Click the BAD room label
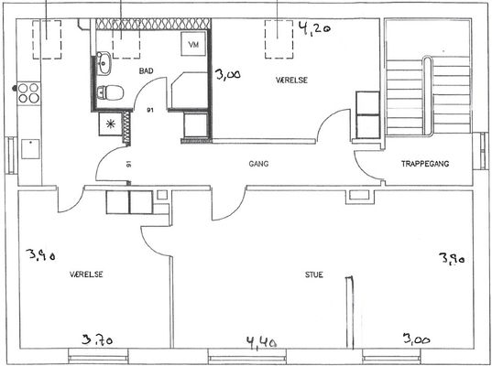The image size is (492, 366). point(147,70)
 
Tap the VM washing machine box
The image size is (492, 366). point(193,44)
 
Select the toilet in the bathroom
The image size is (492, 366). point(110,92)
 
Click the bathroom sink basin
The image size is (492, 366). point(104,64)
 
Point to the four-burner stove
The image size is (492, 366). point(29,93)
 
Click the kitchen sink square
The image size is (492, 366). point(30,149)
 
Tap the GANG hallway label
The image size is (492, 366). point(258,164)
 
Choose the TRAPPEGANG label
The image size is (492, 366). point(425,164)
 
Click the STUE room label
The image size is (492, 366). point(313,274)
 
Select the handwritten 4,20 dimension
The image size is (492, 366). point(313,29)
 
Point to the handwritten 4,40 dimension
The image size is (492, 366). point(261,343)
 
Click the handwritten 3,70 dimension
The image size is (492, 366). point(97,339)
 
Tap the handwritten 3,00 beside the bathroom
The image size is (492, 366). point(228,75)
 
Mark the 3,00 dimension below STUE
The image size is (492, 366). point(417,339)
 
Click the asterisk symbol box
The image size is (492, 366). point(110,124)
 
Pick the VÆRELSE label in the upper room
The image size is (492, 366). point(291,81)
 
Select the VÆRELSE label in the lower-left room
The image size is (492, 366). point(86,274)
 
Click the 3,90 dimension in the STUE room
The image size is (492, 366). point(452,259)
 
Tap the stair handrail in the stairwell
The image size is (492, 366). point(426,95)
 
